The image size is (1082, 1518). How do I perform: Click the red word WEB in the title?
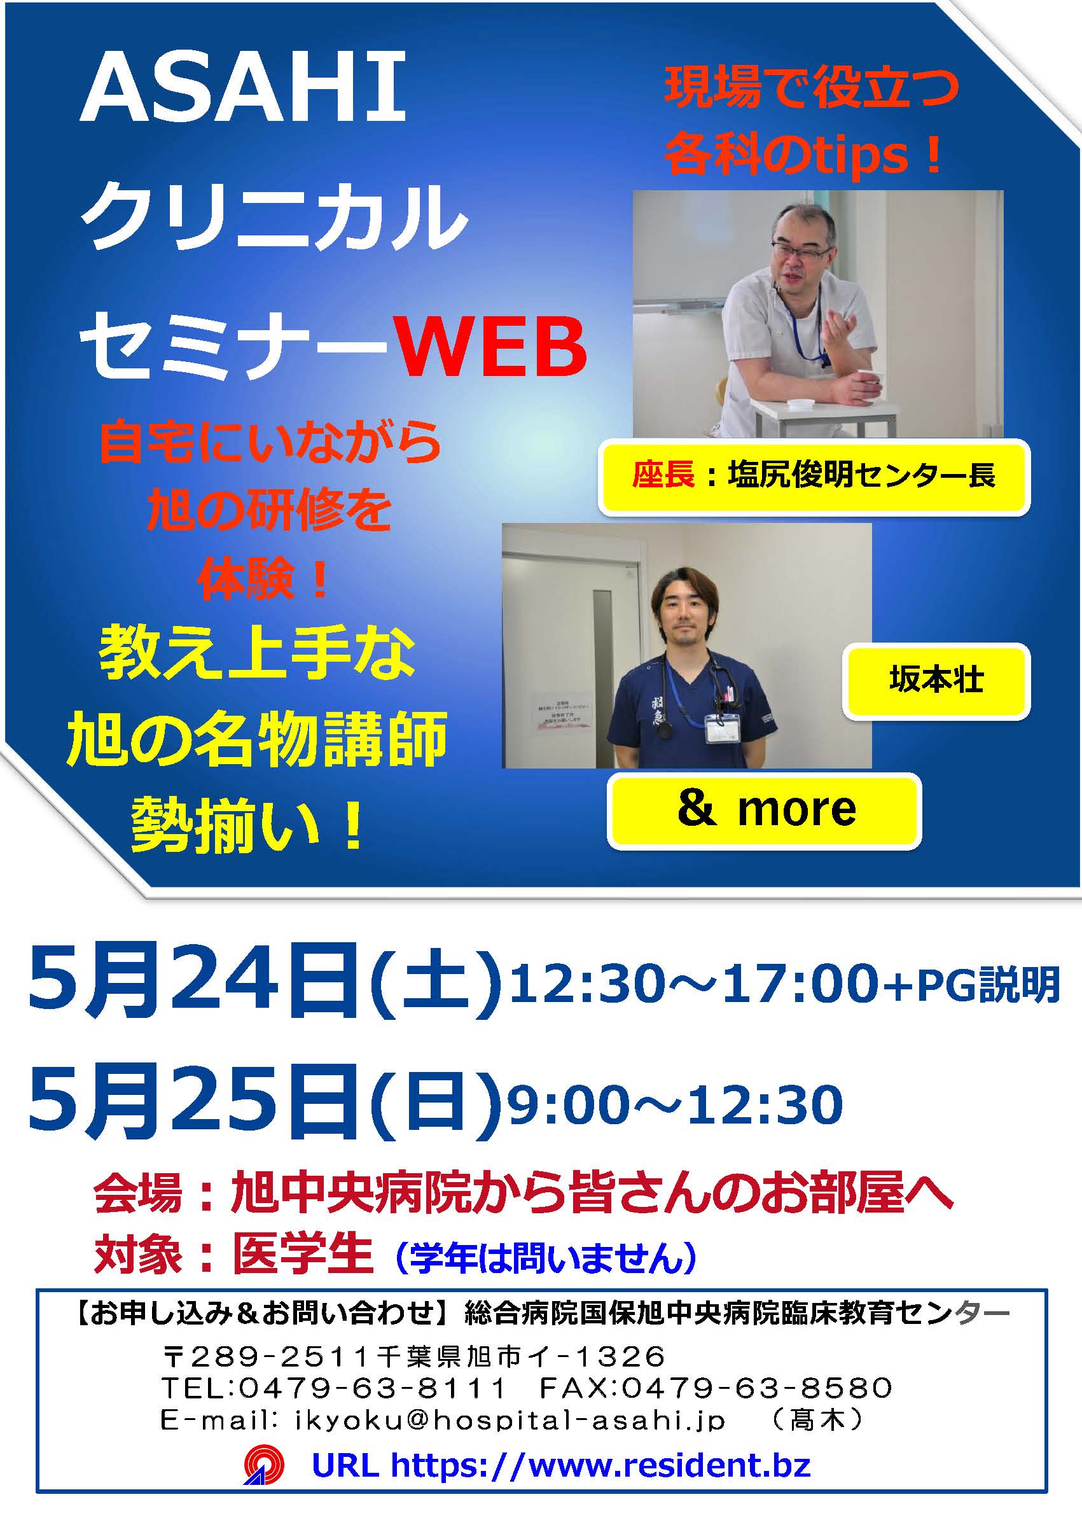point(492,348)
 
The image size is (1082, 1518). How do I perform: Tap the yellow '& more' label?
point(764,810)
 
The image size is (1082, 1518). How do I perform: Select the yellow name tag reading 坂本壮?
point(936,680)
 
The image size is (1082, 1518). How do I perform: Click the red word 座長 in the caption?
point(663,475)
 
